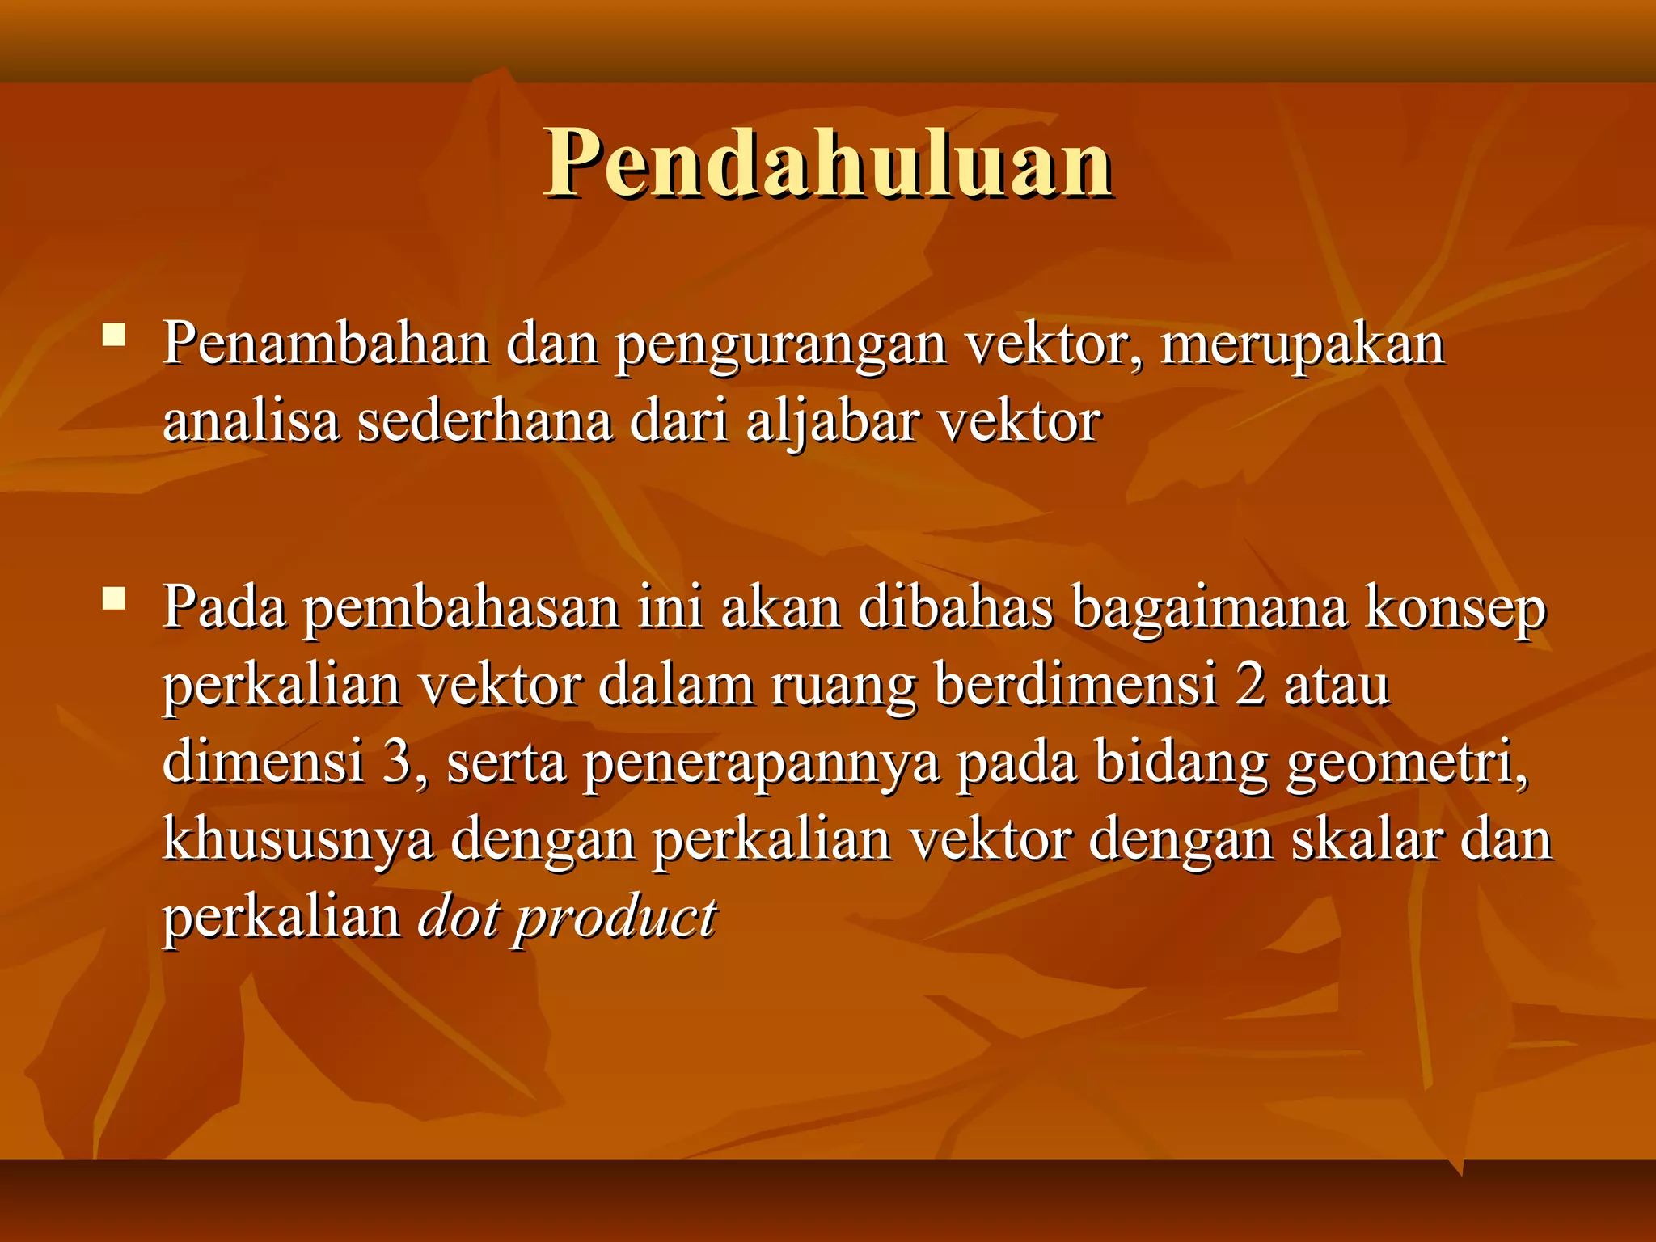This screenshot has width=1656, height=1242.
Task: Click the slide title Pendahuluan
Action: (828, 164)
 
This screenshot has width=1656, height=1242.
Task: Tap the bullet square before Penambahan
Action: (114, 335)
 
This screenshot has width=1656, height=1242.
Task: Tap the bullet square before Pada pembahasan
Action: (114, 598)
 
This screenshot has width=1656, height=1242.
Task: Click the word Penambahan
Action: (325, 344)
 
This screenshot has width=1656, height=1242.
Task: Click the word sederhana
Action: (484, 422)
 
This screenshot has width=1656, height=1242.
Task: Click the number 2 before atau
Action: (1250, 685)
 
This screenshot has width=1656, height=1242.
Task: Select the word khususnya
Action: (298, 841)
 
